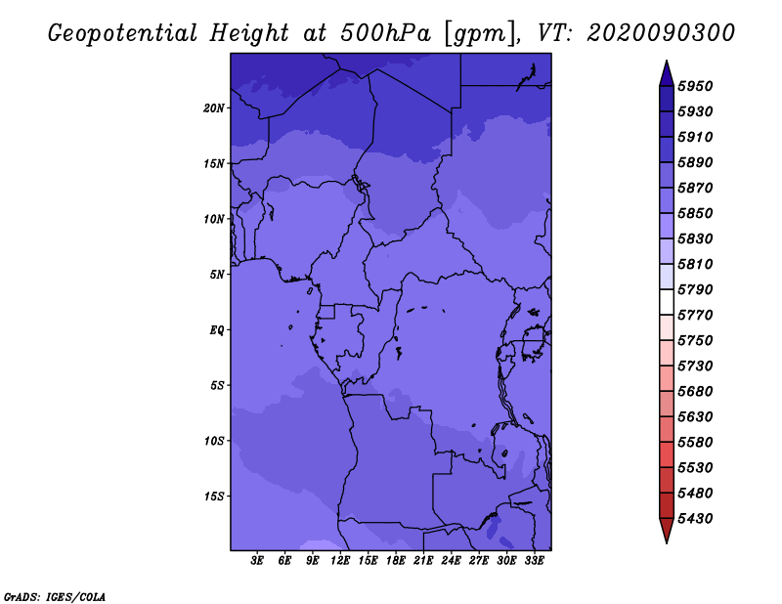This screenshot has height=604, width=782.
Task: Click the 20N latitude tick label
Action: pyautogui.click(x=214, y=108)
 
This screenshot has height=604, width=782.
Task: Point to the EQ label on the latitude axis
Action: pyautogui.click(x=217, y=330)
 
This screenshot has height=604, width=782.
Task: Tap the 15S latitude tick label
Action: pyautogui.click(x=214, y=496)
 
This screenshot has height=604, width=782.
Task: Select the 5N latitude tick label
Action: pyautogui.click(x=217, y=275)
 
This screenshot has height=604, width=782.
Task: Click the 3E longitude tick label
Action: pyautogui.click(x=257, y=561)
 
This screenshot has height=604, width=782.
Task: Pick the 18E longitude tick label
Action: pyautogui.click(x=396, y=561)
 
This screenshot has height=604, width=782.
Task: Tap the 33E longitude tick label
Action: pyautogui.click(x=534, y=561)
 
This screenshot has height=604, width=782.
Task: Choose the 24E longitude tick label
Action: pyautogui.click(x=451, y=561)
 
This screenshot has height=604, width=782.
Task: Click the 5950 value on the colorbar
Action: pyautogui.click(x=695, y=86)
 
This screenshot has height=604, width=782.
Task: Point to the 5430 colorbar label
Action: pyautogui.click(x=695, y=519)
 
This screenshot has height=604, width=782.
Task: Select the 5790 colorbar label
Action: pyautogui.click(x=695, y=289)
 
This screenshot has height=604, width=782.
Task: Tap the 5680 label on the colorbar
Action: pyautogui.click(x=695, y=392)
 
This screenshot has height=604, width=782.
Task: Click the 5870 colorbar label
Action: pyautogui.click(x=695, y=188)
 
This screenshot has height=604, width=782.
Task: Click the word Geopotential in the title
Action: pyautogui.click(x=123, y=34)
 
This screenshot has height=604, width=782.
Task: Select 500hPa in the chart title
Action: pyautogui.click(x=385, y=33)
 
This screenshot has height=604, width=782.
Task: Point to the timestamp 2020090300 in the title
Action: pyautogui.click(x=661, y=33)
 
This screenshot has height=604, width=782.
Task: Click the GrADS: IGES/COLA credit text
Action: pyautogui.click(x=55, y=596)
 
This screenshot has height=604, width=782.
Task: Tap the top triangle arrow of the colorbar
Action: pyautogui.click(x=667, y=74)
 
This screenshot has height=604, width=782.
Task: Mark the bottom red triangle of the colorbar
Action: pyautogui.click(x=667, y=530)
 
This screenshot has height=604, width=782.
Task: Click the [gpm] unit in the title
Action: pyautogui.click(x=480, y=34)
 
